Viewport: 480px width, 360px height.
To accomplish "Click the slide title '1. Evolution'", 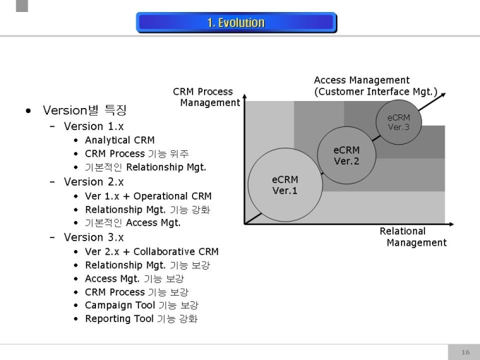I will pyautogui.click(x=236, y=23).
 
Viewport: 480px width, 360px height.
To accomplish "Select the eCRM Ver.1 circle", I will pyautogui.click(x=285, y=185).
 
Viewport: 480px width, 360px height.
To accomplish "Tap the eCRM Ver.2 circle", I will pyautogui.click(x=347, y=155).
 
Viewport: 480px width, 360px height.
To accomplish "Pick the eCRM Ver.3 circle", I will pyautogui.click(x=398, y=122).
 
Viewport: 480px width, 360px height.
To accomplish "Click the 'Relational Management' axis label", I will pyautogui.click(x=413, y=237).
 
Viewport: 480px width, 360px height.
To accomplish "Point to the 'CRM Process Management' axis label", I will pyautogui.click(x=206, y=97).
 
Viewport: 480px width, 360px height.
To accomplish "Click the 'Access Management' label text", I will pyautogui.click(x=361, y=80).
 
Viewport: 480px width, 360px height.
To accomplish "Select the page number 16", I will pyautogui.click(x=465, y=352).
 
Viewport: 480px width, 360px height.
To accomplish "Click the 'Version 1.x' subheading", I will pyautogui.click(x=94, y=126).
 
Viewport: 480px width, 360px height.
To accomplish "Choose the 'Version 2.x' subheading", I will pyautogui.click(x=94, y=181).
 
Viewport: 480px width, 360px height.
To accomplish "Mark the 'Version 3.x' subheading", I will pyautogui.click(x=94, y=237).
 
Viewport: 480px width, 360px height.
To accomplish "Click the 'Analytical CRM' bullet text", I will pyautogui.click(x=119, y=140).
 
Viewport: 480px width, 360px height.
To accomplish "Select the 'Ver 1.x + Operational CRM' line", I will pyautogui.click(x=148, y=196).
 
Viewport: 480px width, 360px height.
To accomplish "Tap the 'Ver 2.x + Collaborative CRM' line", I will pyautogui.click(x=152, y=251).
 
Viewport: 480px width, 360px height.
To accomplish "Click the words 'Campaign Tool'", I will pyautogui.click(x=118, y=306).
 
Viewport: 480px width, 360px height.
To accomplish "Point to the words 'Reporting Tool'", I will pyautogui.click(x=118, y=319).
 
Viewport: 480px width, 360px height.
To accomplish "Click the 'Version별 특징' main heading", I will pyautogui.click(x=85, y=110).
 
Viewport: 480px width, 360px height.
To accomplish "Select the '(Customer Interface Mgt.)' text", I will pyautogui.click(x=376, y=92).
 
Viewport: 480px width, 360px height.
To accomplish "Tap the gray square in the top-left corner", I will pyautogui.click(x=22, y=6).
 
